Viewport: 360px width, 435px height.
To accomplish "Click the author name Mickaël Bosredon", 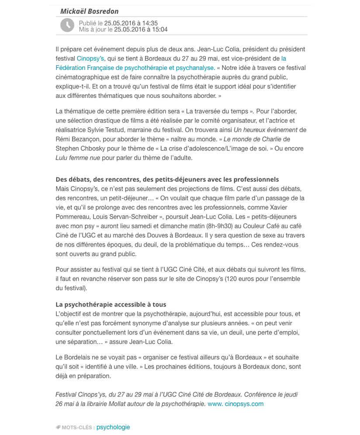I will [89, 11].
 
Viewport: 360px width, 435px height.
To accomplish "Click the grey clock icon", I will [67, 26].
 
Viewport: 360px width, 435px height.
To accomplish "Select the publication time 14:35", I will [149, 23].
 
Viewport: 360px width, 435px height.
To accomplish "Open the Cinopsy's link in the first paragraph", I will [90, 59].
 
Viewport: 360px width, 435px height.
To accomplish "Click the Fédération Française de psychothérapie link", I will [135, 68].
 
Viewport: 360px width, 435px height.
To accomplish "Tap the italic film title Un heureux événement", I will [266, 130].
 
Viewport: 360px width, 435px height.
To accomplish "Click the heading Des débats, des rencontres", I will [167, 180].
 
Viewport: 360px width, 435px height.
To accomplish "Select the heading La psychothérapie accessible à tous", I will [111, 304].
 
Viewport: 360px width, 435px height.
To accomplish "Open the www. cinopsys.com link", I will [235, 404].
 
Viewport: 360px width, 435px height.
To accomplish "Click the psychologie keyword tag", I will [113, 427].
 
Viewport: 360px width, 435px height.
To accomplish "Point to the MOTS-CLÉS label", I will [78, 428].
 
